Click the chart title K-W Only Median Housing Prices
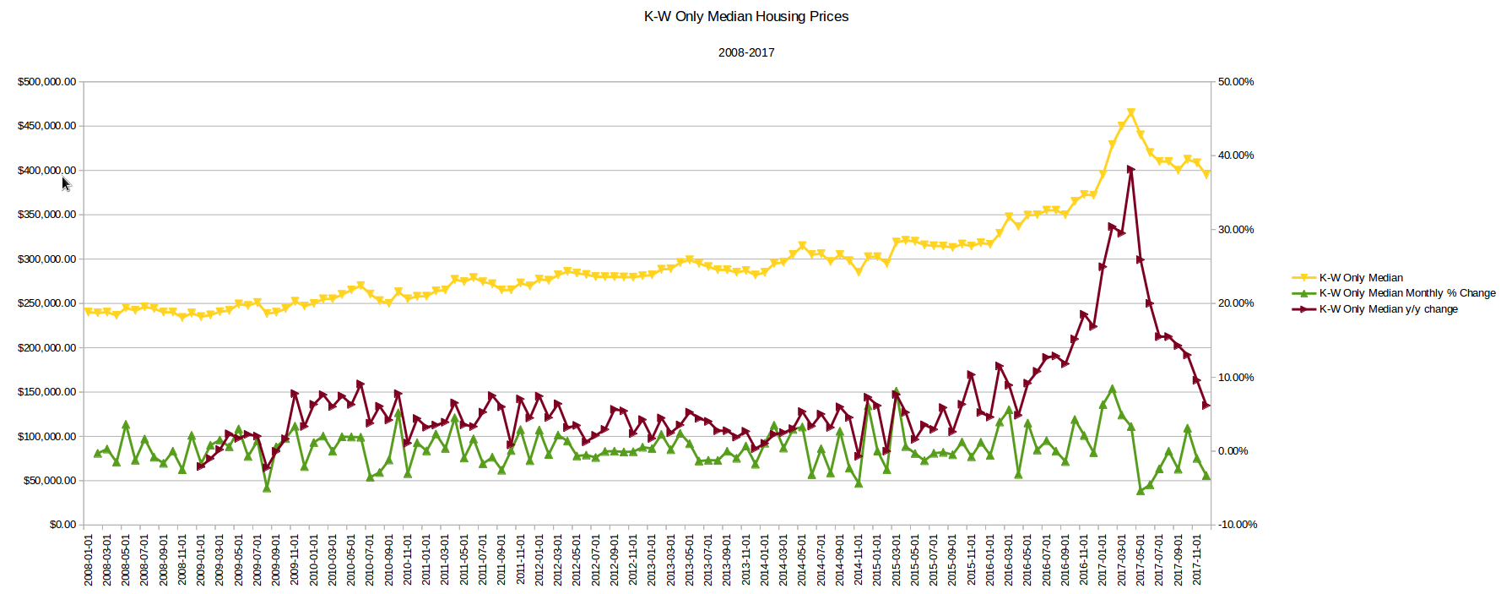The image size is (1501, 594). point(746,16)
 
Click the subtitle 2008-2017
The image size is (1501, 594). point(746,52)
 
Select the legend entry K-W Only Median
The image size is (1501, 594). point(1361,277)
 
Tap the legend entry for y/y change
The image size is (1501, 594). point(1388,309)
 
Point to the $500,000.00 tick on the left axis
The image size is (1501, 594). point(46,82)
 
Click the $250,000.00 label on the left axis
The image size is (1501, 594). point(46,303)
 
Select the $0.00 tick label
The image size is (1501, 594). point(62,525)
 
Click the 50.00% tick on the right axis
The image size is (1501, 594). point(1236,82)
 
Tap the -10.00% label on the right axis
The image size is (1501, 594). point(1238,525)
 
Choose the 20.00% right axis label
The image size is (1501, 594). point(1236,303)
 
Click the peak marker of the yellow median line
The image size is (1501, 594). point(1131,112)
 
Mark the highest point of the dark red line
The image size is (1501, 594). point(1131,169)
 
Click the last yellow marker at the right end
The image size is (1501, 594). point(1206,174)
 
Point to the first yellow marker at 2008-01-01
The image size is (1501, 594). point(89,312)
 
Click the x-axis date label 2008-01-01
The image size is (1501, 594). point(89,559)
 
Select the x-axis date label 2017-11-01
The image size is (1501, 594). point(1197,559)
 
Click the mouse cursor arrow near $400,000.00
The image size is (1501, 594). point(66,183)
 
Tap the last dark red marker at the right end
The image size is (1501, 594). point(1206,406)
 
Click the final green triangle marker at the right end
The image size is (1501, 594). point(1206,476)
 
